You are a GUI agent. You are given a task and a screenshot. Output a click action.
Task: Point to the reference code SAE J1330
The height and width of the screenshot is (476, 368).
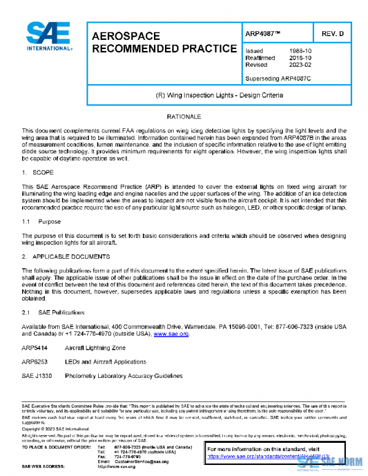[37, 376]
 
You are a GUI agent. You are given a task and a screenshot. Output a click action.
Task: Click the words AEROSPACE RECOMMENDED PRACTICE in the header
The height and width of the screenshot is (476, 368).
[164, 42]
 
